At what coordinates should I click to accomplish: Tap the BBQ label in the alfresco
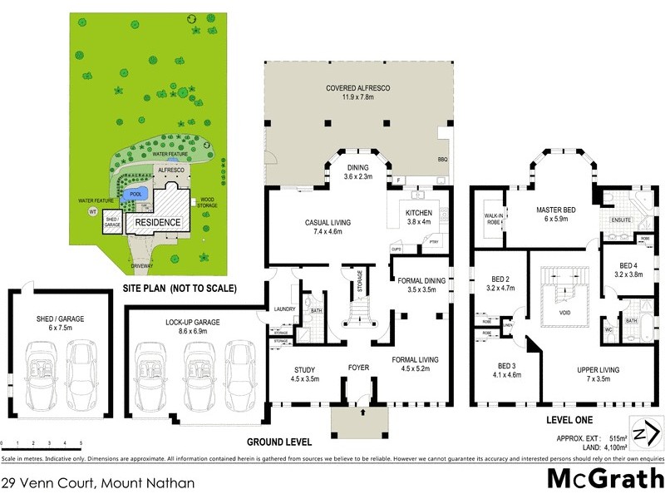point(442,158)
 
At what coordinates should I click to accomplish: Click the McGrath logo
point(605,479)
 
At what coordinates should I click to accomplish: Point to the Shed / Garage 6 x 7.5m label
point(61,322)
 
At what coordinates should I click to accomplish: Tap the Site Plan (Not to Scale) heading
point(180,289)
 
